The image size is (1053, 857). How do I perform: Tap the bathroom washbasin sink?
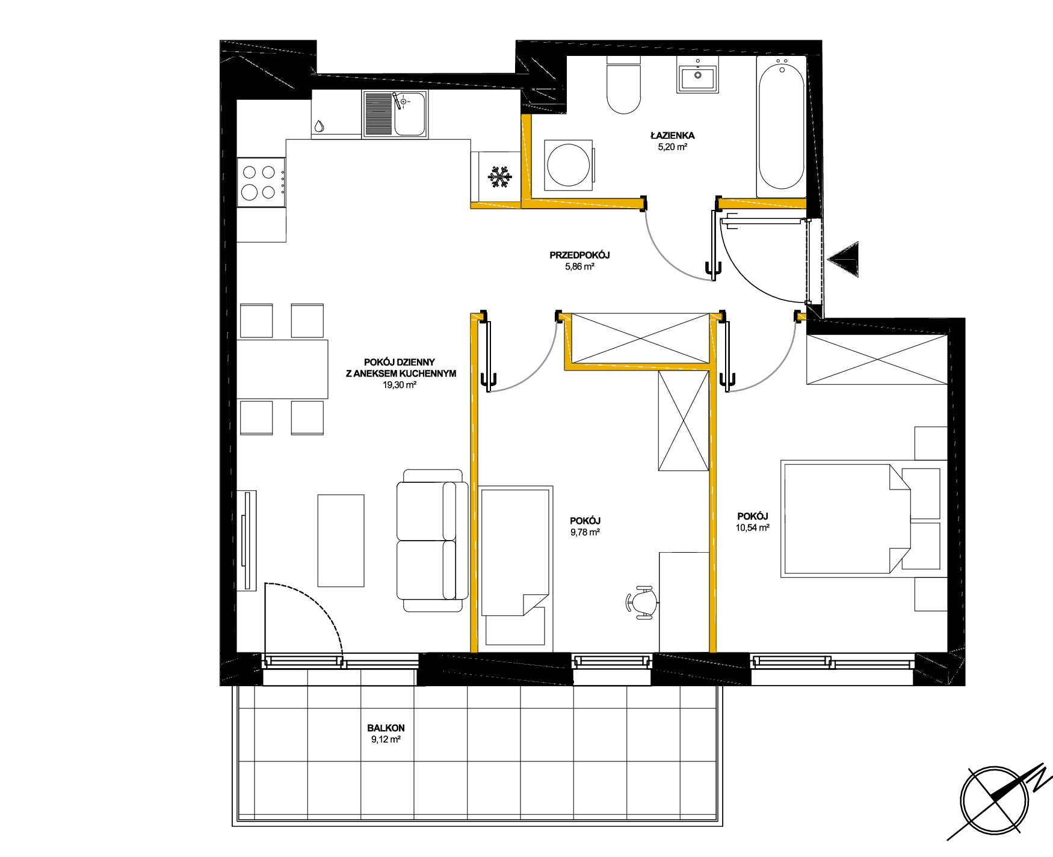point(697,75)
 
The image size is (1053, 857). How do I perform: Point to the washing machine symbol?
point(569,165)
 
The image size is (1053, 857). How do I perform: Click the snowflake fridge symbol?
point(499,177)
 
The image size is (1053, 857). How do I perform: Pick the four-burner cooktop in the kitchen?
point(261,182)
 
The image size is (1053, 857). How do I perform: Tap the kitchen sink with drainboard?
point(395,114)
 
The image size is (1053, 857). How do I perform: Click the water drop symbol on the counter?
point(319,126)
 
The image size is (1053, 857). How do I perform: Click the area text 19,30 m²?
point(400,385)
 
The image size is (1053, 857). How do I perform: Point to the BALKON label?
point(386,728)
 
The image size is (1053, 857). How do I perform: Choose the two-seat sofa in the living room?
point(432,541)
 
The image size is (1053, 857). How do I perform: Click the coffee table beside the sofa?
point(341,540)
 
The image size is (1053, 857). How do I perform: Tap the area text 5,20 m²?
point(672,147)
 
